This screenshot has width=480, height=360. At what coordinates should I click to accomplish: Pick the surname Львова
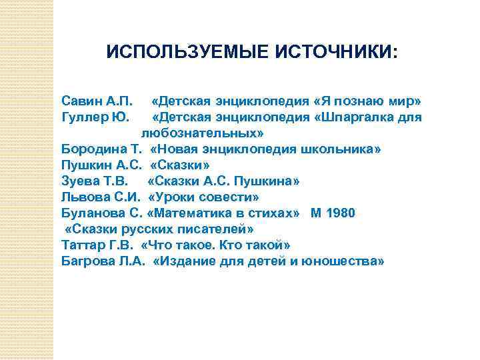click(83, 197)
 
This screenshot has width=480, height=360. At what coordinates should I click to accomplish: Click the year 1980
click(341, 213)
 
